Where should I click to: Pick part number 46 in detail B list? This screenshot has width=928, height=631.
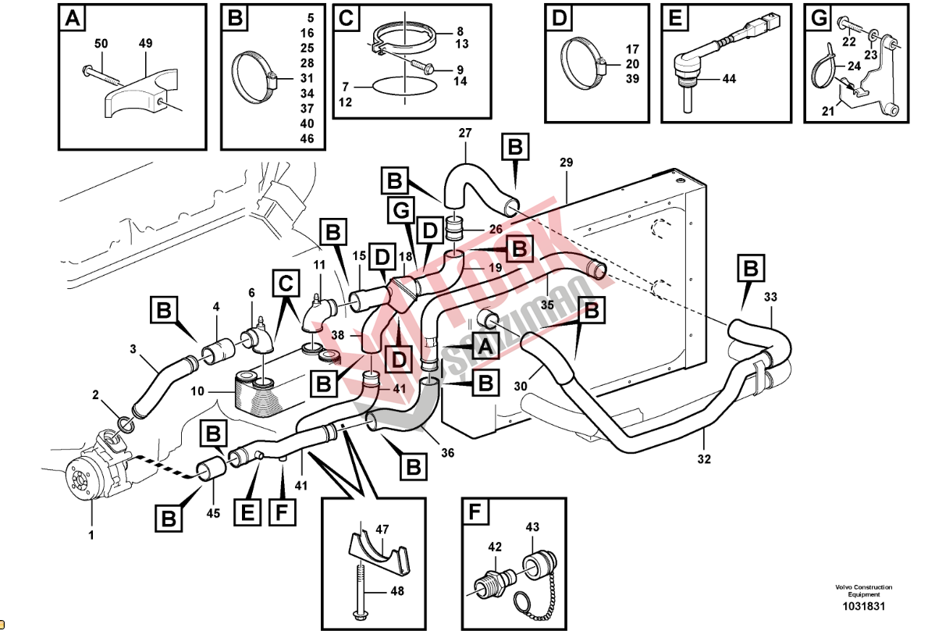tap(307, 138)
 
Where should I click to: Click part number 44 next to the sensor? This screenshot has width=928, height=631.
tap(729, 79)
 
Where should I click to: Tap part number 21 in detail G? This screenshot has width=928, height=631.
tap(827, 112)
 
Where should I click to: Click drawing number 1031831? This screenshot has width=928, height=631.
tap(862, 607)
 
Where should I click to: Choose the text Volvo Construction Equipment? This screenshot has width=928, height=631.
tap(862, 591)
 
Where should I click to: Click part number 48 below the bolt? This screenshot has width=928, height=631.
tap(397, 591)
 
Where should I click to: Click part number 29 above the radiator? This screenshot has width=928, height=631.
tap(566, 162)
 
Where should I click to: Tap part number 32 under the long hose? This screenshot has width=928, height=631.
tap(704, 460)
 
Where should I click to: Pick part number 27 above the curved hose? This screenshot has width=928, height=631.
tap(465, 134)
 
